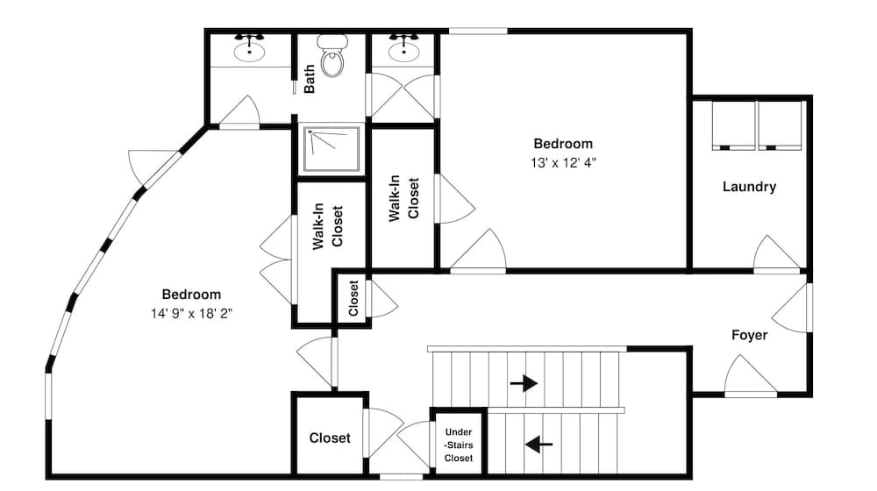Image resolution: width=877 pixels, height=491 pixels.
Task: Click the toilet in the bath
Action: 332,57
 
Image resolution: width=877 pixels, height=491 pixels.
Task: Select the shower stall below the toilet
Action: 332,150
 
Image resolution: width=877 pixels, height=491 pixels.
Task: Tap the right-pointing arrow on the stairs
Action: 524,382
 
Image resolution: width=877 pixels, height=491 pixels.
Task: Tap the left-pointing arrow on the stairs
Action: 538,445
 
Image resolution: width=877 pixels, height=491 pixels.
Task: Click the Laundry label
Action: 748,187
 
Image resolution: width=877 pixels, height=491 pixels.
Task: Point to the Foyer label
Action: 749,335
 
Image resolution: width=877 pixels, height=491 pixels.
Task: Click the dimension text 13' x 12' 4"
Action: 563,162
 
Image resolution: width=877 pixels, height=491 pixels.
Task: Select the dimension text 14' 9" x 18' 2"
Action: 190,312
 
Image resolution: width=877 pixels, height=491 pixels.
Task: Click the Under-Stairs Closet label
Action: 458,445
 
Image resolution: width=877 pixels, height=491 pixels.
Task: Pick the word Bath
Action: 310,81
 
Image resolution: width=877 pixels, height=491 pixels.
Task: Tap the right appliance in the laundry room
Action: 781,125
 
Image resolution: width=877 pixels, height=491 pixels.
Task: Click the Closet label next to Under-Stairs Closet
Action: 330,438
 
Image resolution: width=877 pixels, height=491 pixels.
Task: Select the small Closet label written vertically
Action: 353,298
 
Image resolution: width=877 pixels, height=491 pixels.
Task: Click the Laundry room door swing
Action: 776,255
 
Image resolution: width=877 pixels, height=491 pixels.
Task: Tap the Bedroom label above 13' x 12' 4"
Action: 563,144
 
